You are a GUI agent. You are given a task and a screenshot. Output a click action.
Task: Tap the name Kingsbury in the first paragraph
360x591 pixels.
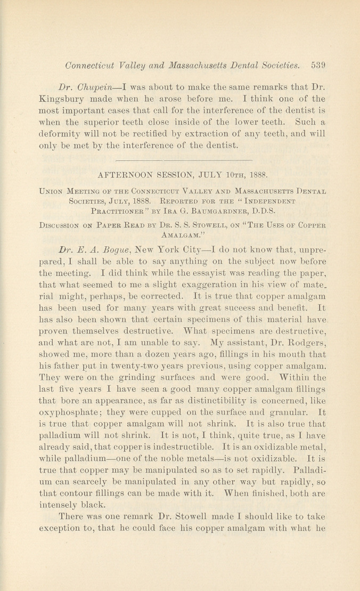point(62,100)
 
